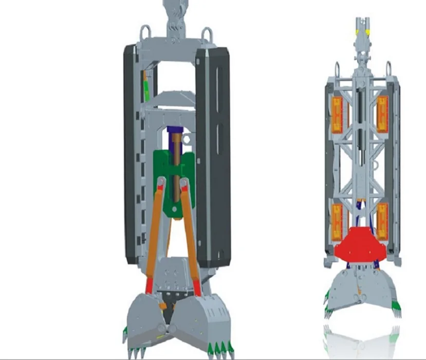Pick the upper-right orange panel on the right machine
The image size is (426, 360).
pyautogui.click(x=383, y=113)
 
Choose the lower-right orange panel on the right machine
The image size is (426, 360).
pyautogui.click(x=383, y=221)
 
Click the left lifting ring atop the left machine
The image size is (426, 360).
pyautogui.click(x=144, y=34)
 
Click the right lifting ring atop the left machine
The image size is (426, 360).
pyautogui.click(x=208, y=35)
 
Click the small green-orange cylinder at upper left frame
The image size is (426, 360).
pyautogui.click(x=146, y=86)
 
